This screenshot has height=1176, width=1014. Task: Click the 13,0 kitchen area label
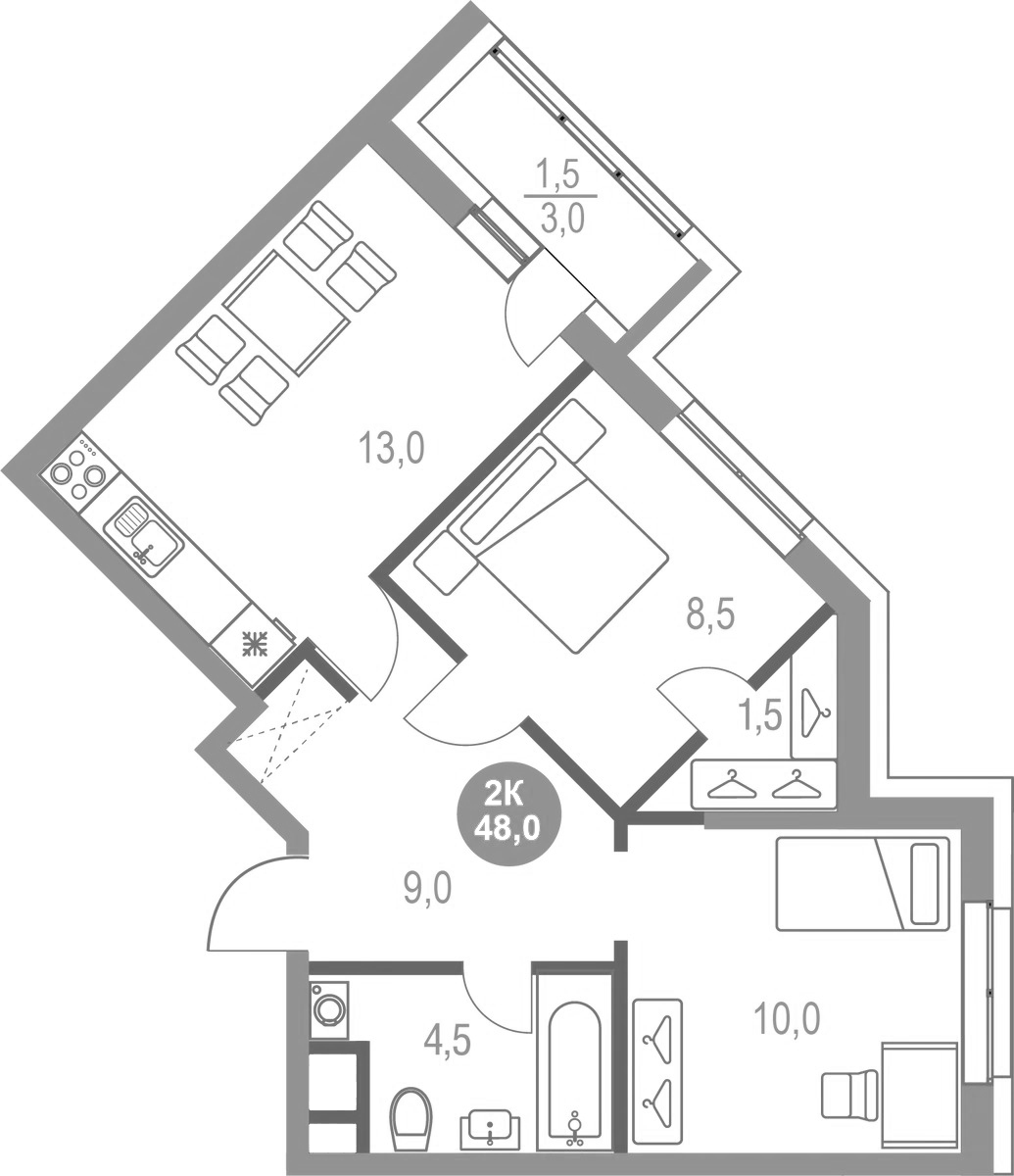391,450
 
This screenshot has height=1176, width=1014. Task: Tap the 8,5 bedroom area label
709,617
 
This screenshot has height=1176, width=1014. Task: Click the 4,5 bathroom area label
448,1040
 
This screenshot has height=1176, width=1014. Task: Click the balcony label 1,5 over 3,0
559,197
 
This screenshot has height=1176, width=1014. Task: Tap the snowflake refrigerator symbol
255,645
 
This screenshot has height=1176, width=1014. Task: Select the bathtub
573,1073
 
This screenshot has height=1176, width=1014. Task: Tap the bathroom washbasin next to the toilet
491,1128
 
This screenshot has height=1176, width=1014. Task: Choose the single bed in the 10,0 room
862,883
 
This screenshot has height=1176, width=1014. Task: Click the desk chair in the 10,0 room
848,1093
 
